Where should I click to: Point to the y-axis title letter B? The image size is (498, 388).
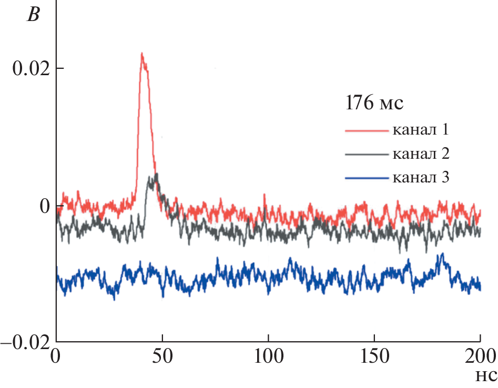(x=33, y=15)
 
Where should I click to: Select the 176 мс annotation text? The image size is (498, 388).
(x=374, y=103)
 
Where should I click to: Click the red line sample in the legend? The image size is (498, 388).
(x=366, y=129)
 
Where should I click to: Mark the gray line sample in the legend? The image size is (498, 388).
(x=366, y=154)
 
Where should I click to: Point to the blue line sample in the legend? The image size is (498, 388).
(x=366, y=178)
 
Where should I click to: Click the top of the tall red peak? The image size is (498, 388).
(x=141, y=53)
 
